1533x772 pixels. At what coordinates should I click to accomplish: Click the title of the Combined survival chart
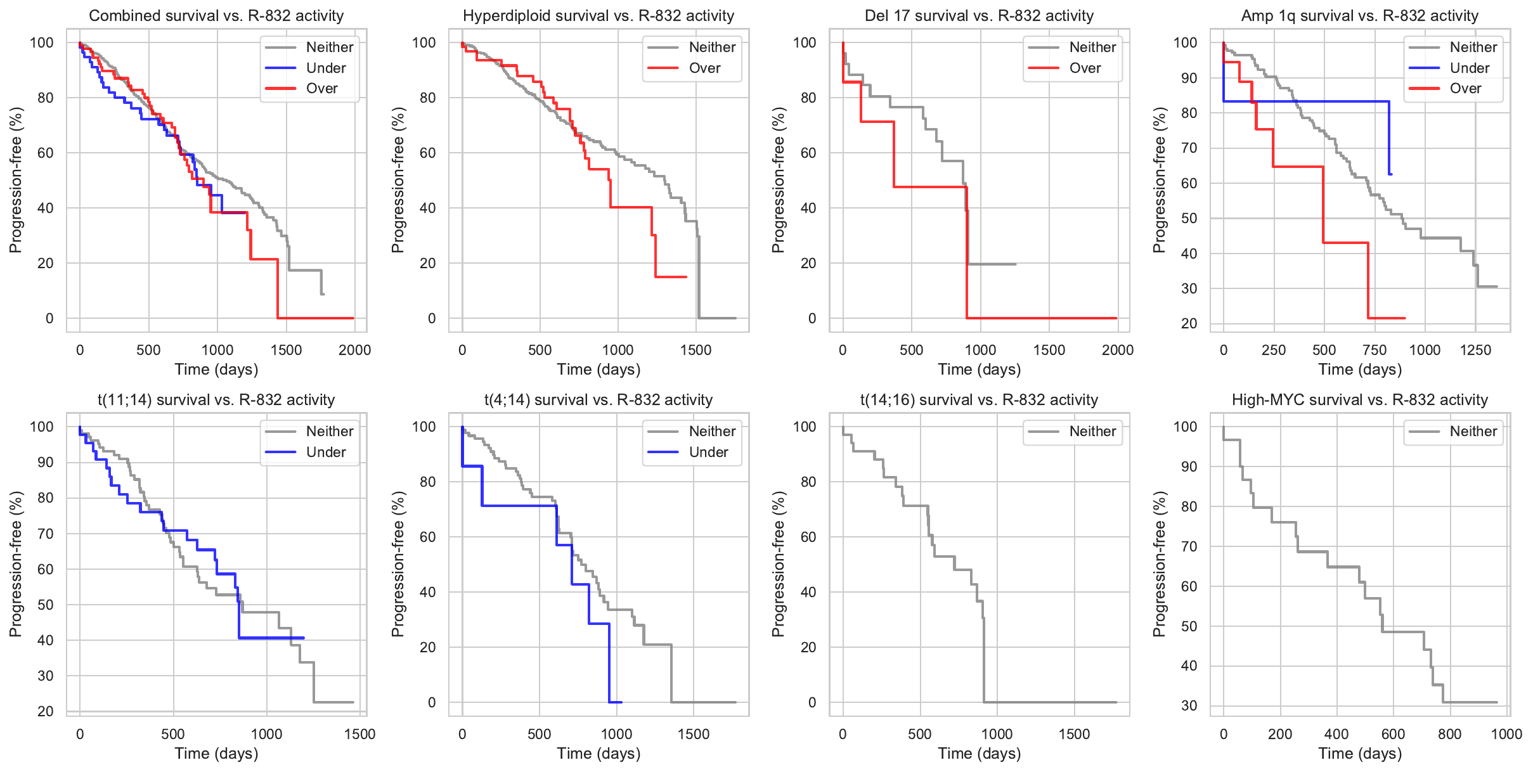[216, 16]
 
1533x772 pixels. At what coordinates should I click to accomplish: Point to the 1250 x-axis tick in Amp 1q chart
[1475, 350]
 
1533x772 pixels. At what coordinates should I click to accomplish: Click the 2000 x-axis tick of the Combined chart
[354, 350]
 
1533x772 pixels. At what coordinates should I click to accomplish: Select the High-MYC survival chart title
[1359, 400]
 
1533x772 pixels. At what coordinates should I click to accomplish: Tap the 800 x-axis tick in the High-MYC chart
[1449, 734]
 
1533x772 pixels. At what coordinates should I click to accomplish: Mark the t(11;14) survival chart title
[216, 400]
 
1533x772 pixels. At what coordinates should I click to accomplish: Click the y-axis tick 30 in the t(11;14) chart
[46, 676]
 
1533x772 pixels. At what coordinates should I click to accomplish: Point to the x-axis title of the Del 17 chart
[979, 370]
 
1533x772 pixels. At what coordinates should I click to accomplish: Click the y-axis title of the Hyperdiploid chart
[398, 180]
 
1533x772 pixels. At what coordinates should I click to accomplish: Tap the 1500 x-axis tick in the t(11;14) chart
[359, 734]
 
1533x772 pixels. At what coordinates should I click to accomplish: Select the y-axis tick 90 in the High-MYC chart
[1189, 466]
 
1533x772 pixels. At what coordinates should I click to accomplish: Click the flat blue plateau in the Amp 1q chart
[1306, 101]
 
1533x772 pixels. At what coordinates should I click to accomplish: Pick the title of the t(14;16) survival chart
[979, 400]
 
